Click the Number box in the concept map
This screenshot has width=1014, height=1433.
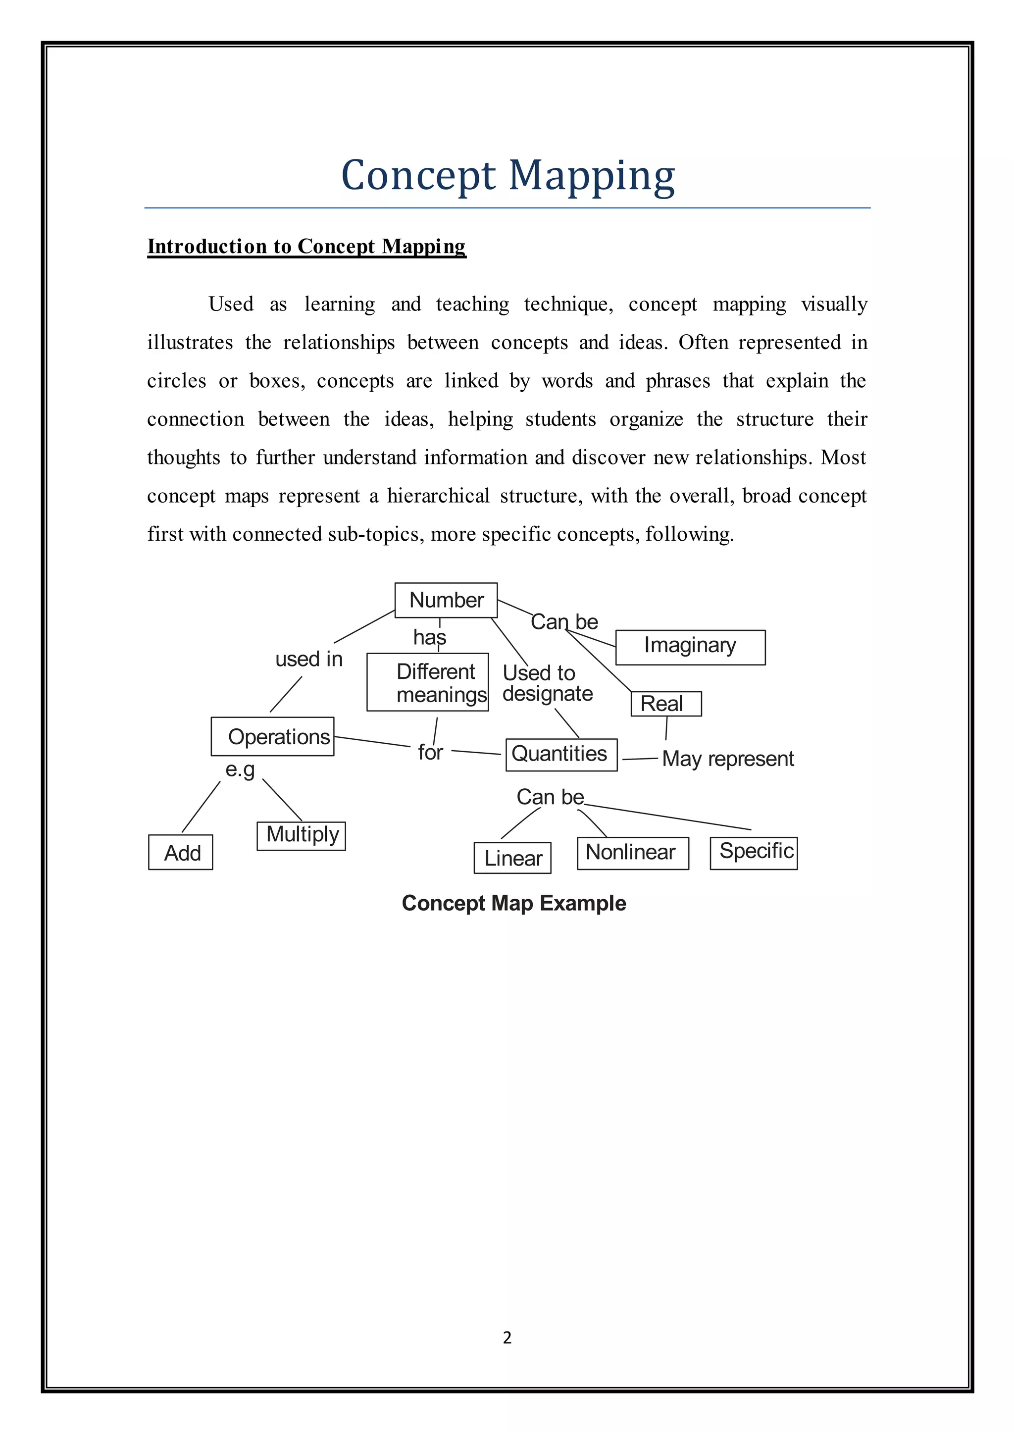pos(446,600)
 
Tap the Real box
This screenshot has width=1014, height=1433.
pos(665,704)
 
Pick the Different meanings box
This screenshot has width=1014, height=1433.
pos(428,682)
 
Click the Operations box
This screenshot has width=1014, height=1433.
pos(273,737)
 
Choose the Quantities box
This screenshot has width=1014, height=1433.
pos(560,754)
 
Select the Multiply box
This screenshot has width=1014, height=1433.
pos(301,835)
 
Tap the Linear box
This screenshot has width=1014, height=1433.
pos(512,858)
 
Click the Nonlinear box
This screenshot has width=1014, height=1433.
pos(632,853)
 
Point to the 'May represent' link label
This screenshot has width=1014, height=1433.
pos(727,759)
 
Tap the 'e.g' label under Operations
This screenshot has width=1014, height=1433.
pos(241,769)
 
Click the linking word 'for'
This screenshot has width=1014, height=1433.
pos(430,753)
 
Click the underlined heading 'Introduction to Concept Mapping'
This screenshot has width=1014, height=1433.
pos(306,247)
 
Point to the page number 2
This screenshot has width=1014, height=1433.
pos(507,1337)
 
